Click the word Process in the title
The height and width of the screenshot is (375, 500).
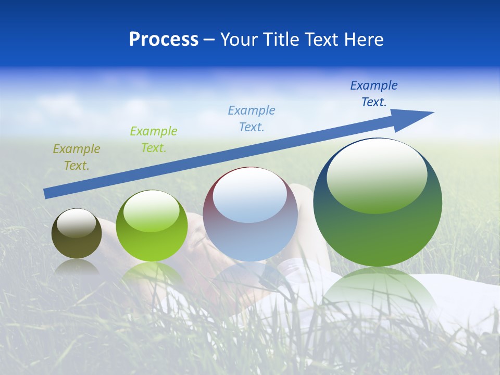(164, 40)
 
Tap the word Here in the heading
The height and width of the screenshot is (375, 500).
(364, 40)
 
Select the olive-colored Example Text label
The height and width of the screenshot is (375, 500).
(76, 157)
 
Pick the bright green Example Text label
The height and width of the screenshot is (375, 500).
(153, 140)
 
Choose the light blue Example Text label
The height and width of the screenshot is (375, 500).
(251, 119)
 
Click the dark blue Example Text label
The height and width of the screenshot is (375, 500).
(373, 94)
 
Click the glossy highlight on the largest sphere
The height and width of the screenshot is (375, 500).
(377, 174)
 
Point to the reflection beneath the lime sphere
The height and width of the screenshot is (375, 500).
(152, 273)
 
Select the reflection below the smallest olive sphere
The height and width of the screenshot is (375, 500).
(77, 267)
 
